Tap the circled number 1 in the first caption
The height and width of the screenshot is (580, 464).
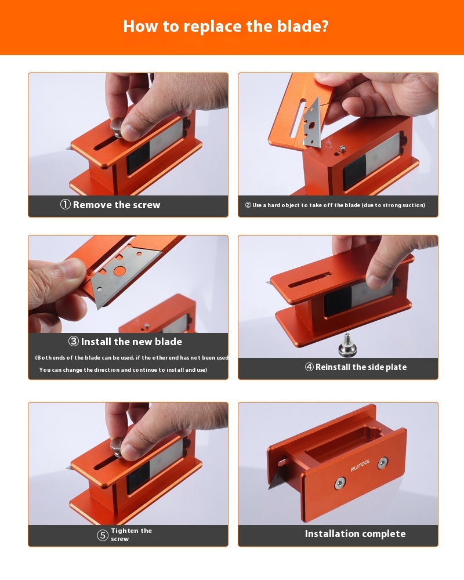point(66,204)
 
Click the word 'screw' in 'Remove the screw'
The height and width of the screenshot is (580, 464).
point(144,205)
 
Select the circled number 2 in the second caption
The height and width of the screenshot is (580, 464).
point(248,205)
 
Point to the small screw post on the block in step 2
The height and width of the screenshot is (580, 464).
point(343,148)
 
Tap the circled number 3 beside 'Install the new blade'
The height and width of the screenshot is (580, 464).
point(73,341)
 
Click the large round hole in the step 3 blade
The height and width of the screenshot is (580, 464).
point(119,271)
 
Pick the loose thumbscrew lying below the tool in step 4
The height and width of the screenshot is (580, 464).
point(347,346)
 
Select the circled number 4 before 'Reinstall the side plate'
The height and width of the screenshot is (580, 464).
point(309,367)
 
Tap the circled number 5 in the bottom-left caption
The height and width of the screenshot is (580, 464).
point(103,535)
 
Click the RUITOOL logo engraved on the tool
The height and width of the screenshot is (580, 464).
point(360,466)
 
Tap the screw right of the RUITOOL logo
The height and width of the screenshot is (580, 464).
point(383,463)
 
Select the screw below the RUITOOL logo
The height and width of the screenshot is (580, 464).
point(340,483)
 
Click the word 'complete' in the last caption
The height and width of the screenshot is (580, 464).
point(383,534)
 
